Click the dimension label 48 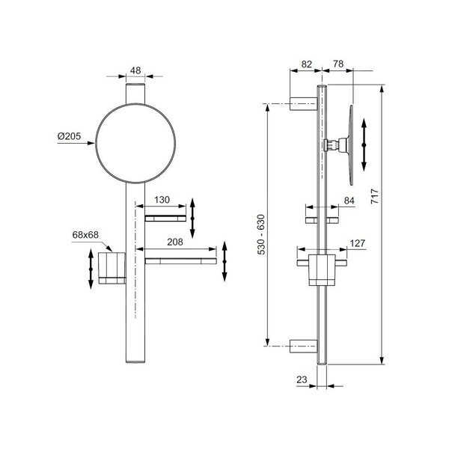(x=135, y=70)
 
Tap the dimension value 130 (x=162, y=200)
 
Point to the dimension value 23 (x=302, y=379)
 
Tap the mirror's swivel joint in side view (x=335, y=144)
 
